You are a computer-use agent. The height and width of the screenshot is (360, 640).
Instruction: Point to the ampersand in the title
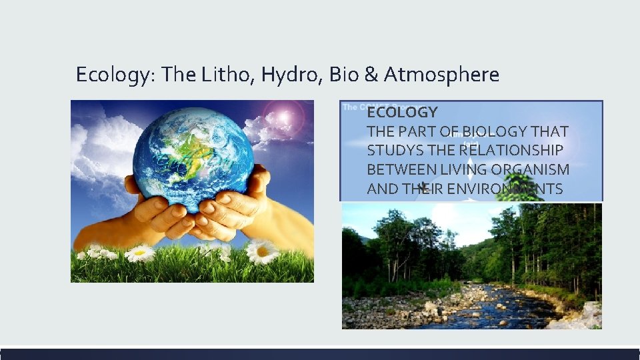[371, 75]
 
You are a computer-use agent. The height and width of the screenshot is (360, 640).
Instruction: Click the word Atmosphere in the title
[441, 75]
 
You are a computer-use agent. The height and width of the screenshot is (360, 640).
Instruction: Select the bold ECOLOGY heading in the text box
[402, 112]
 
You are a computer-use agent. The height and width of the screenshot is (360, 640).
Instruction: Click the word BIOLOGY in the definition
[485, 131]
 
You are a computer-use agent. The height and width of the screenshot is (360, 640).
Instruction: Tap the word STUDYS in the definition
[395, 151]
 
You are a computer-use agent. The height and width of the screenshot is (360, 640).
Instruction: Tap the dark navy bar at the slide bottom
[320, 354]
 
